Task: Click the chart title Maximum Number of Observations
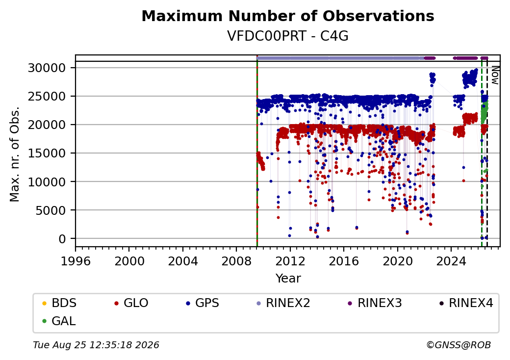coord(288,16)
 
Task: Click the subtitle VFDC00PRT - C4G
coord(288,36)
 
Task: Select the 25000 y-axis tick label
coord(47,96)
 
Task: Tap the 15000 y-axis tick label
coord(47,153)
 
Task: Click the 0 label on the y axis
coord(62,239)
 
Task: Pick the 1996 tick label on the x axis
coord(76,261)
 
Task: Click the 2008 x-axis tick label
coord(236,261)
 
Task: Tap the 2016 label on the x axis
coord(344,261)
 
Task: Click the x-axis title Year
coord(288,279)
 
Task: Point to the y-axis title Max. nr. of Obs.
coord(15,154)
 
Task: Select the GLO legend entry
coord(131,303)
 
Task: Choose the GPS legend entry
coord(203,303)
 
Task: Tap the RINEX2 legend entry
coord(283,303)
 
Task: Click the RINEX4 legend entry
coord(466,303)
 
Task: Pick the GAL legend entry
coord(59,321)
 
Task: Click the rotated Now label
coord(495,75)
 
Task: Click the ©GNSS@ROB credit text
coord(459,345)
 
